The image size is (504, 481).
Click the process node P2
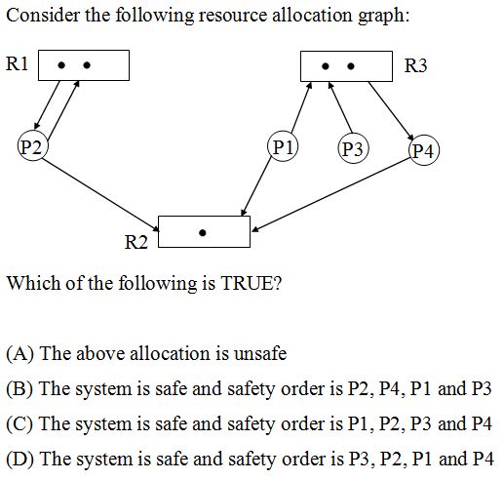coord(33,147)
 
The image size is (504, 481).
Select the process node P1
coord(283,148)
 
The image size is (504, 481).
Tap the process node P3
coord(353,149)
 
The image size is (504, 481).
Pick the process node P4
coord(425,149)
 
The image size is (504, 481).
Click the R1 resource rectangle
coord(83,65)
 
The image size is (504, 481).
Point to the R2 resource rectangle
coord(204,231)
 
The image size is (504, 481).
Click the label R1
coord(18,64)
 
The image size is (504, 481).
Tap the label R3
coord(416,65)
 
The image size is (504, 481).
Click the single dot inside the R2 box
coord(202,233)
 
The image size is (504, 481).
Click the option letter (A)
coord(20,354)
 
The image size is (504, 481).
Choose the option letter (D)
coord(20,458)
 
